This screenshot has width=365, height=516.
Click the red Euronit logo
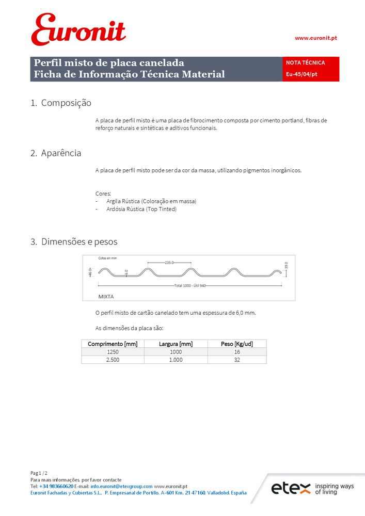click(x=78, y=30)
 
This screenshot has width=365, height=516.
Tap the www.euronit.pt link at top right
click(x=315, y=38)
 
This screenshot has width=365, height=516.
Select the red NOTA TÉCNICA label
click(x=305, y=62)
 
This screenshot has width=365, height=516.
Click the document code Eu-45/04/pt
click(x=301, y=74)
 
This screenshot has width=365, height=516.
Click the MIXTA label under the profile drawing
click(x=106, y=297)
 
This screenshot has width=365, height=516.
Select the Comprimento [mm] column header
click(x=113, y=344)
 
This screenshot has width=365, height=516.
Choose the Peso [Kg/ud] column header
click(x=236, y=344)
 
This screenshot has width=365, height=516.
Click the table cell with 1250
click(x=113, y=351)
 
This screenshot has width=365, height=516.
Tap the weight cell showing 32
click(x=236, y=360)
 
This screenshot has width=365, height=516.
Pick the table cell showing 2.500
click(x=113, y=360)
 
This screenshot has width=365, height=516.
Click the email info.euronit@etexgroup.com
click(x=121, y=486)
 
